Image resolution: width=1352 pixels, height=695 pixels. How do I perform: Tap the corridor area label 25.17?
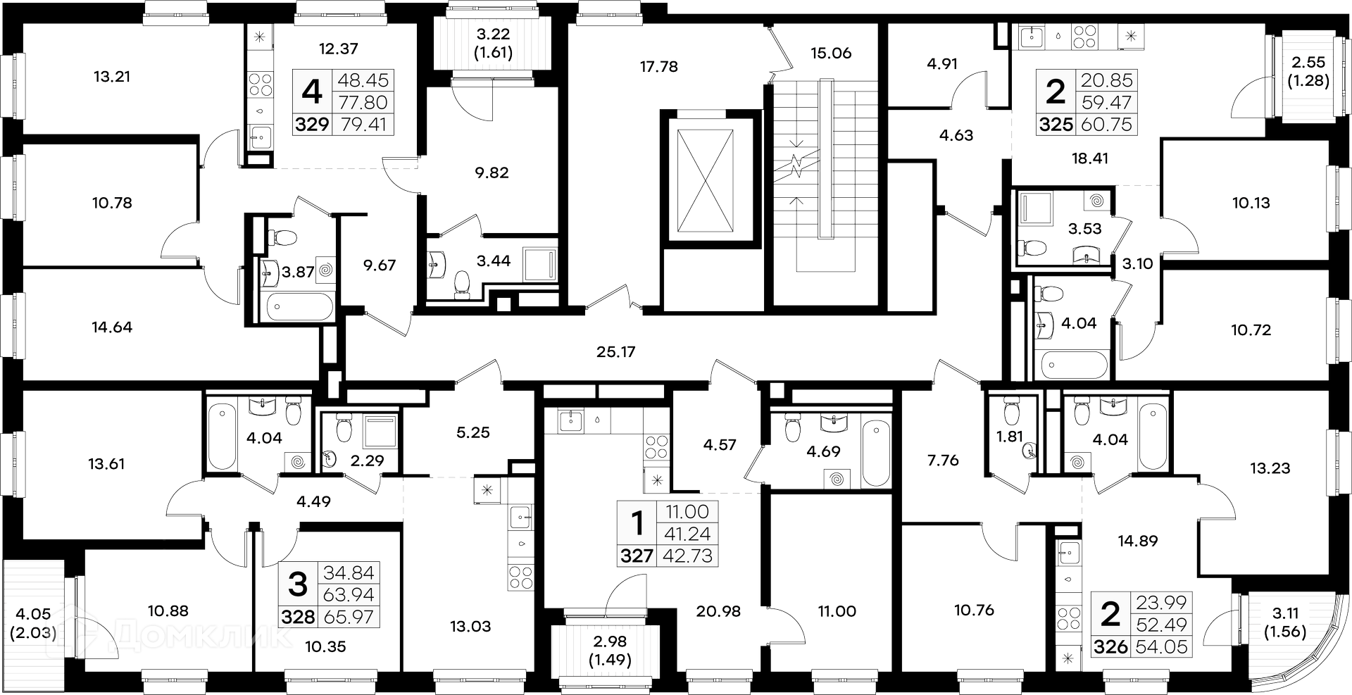point(615,351)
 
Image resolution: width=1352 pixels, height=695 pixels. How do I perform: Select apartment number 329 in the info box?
point(312,125)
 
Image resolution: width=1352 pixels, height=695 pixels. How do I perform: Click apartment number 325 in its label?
point(1056,125)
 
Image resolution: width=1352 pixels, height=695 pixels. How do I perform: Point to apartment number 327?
point(637,556)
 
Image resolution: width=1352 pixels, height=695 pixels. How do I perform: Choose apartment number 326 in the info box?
point(1111,646)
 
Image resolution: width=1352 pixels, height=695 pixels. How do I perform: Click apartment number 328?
point(299,618)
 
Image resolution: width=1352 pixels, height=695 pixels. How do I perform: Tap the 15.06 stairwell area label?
point(831,53)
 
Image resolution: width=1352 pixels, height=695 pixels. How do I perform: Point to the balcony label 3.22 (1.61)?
point(492,43)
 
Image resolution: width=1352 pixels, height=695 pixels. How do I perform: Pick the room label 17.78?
point(658,67)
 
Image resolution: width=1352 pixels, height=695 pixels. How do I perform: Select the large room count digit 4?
point(312,91)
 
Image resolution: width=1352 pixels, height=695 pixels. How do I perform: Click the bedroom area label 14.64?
point(112,327)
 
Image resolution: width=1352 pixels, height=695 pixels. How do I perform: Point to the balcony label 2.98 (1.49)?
point(611,651)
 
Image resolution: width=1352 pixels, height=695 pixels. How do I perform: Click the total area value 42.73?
point(688,556)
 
